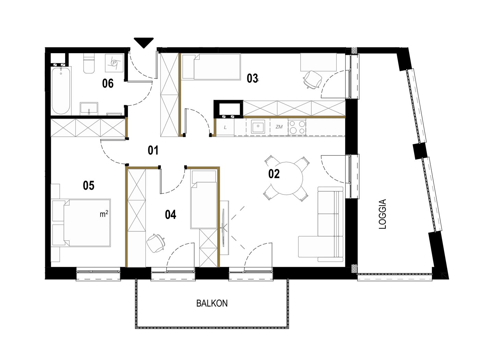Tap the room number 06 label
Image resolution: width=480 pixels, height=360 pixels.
[x=108, y=84]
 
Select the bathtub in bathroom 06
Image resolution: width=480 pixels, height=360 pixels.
[x=61, y=91]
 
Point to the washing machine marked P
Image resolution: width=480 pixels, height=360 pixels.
[x=114, y=63]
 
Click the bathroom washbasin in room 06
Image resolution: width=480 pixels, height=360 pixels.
[x=89, y=108]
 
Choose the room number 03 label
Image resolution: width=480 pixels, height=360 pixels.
[x=252, y=79]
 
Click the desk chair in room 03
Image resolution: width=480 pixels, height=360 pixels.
[x=312, y=80]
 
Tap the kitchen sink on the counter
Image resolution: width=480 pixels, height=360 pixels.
[x=258, y=127]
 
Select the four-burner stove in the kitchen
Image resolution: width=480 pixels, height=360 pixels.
[x=297, y=127]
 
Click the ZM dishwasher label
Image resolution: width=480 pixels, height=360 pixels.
[x=279, y=127]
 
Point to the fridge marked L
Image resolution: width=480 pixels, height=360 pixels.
[x=225, y=127]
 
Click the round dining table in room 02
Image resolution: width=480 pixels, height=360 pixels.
[x=287, y=178]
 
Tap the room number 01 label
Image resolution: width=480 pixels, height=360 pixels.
[x=153, y=151]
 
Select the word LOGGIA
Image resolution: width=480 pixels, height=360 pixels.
[x=382, y=214]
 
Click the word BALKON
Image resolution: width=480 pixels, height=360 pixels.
[x=212, y=303]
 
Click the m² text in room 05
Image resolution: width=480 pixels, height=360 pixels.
[x=104, y=214]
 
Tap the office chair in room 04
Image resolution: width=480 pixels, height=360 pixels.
[x=156, y=243]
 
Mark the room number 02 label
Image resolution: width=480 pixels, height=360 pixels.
[x=274, y=174]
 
